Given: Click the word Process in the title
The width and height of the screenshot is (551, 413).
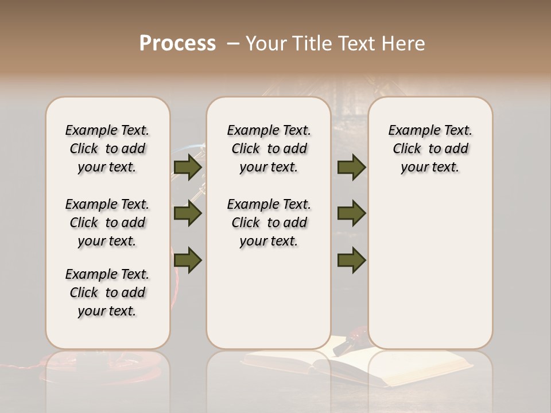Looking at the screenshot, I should click(x=177, y=44).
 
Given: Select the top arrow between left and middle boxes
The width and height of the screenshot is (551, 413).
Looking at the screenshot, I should click(x=187, y=167).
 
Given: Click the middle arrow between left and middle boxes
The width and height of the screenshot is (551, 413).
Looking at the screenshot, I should click(x=187, y=213).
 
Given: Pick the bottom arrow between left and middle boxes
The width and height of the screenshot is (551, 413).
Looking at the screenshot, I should click(x=187, y=260).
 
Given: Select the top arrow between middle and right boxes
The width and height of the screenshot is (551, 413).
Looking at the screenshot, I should click(x=351, y=167).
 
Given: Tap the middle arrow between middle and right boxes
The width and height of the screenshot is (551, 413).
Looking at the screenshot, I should click(x=351, y=213).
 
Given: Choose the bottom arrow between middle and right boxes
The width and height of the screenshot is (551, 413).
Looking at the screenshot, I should click(x=351, y=260).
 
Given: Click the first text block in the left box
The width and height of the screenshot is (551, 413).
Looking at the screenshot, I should click(x=107, y=149).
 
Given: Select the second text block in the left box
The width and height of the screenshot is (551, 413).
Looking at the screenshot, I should click(x=107, y=223).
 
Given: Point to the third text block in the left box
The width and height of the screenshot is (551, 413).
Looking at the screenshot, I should click(x=107, y=293).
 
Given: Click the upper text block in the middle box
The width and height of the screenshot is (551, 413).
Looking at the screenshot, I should click(x=269, y=149).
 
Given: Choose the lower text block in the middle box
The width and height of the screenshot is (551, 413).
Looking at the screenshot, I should click(x=269, y=223).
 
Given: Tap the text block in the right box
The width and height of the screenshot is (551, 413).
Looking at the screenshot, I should click(x=430, y=149).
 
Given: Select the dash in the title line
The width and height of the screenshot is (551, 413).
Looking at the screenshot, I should click(x=232, y=44).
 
